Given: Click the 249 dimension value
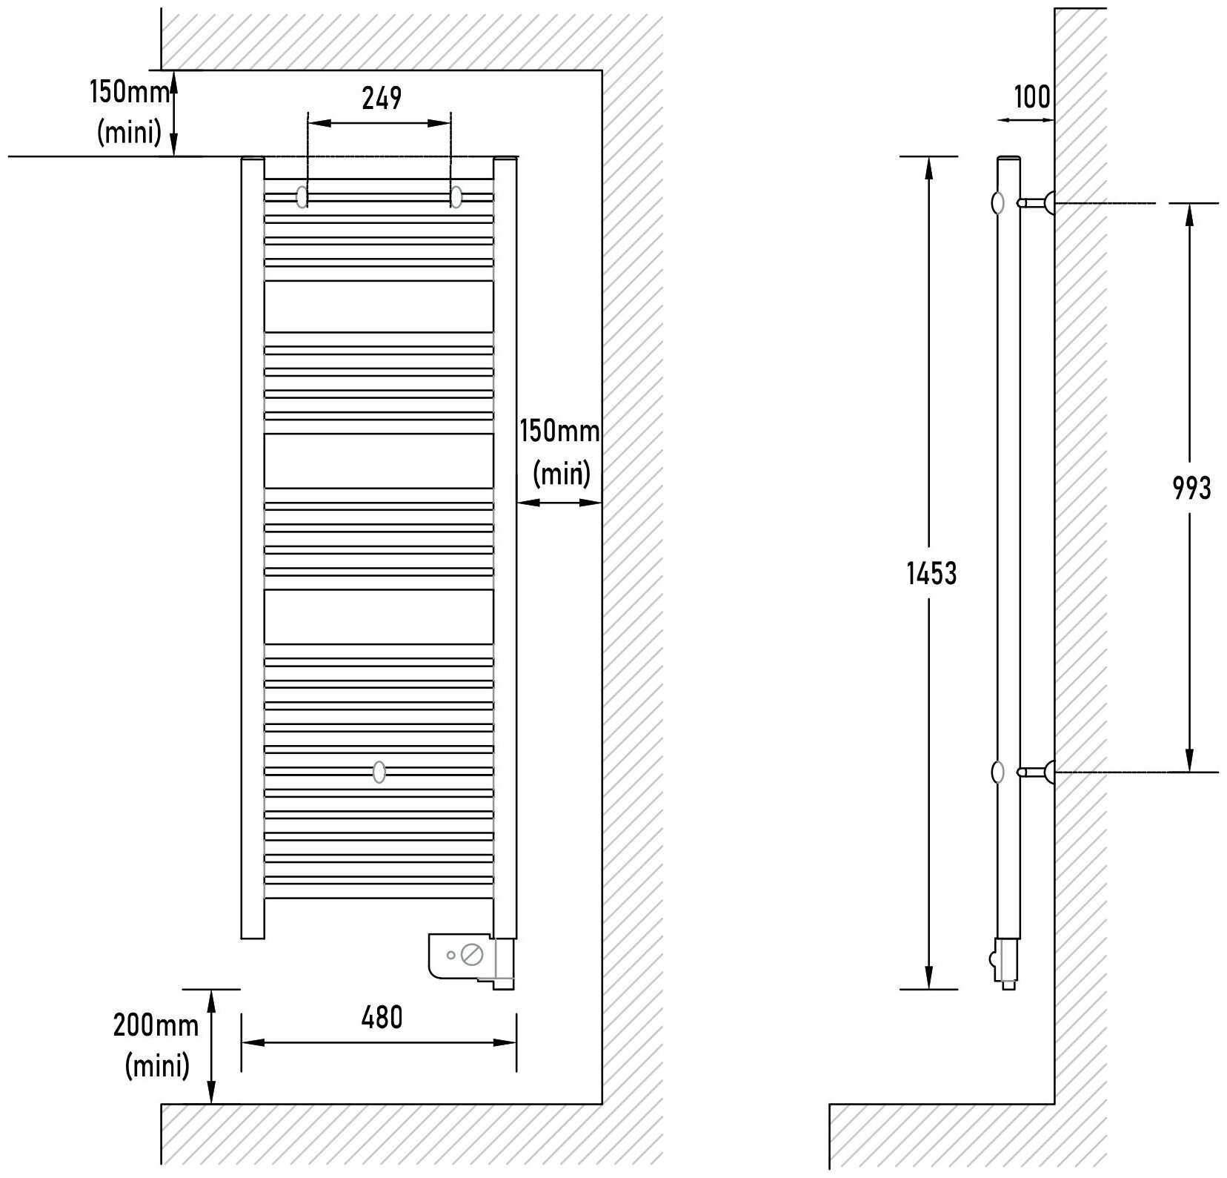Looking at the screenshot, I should point(382,98).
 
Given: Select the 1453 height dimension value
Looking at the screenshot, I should point(932,573).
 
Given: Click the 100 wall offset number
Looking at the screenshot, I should point(1032,96).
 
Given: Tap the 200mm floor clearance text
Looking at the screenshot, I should point(156,1025).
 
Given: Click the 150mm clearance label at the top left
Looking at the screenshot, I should point(131,93).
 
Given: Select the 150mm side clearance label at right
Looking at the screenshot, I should point(559,431).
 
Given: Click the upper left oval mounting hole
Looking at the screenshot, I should point(303,197).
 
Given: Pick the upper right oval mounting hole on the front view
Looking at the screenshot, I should point(456,197).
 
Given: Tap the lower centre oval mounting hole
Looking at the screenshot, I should point(379,772).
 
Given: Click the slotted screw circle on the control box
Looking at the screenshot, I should point(470,954).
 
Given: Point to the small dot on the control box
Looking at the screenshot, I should point(451,955).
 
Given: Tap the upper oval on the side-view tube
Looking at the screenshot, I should point(998,202).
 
